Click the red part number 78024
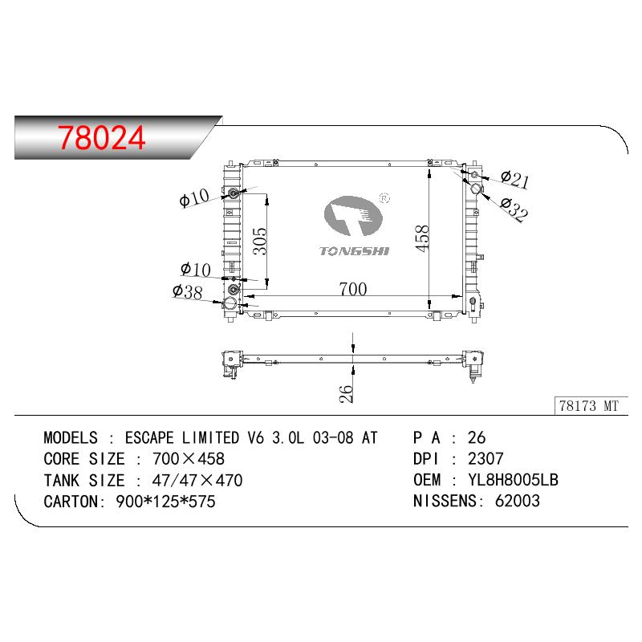pyautogui.click(x=101, y=137)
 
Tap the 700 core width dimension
pyautogui.click(x=352, y=289)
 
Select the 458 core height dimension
pyautogui.click(x=422, y=238)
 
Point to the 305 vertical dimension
pyautogui.click(x=259, y=242)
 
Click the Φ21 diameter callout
pyautogui.click(x=514, y=179)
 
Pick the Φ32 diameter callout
pyautogui.click(x=514, y=209)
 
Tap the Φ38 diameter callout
pyautogui.click(x=187, y=291)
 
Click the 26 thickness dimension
pyautogui.click(x=346, y=393)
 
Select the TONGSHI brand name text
pyautogui.click(x=354, y=251)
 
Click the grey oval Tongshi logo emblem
pyautogui.click(x=352, y=216)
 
